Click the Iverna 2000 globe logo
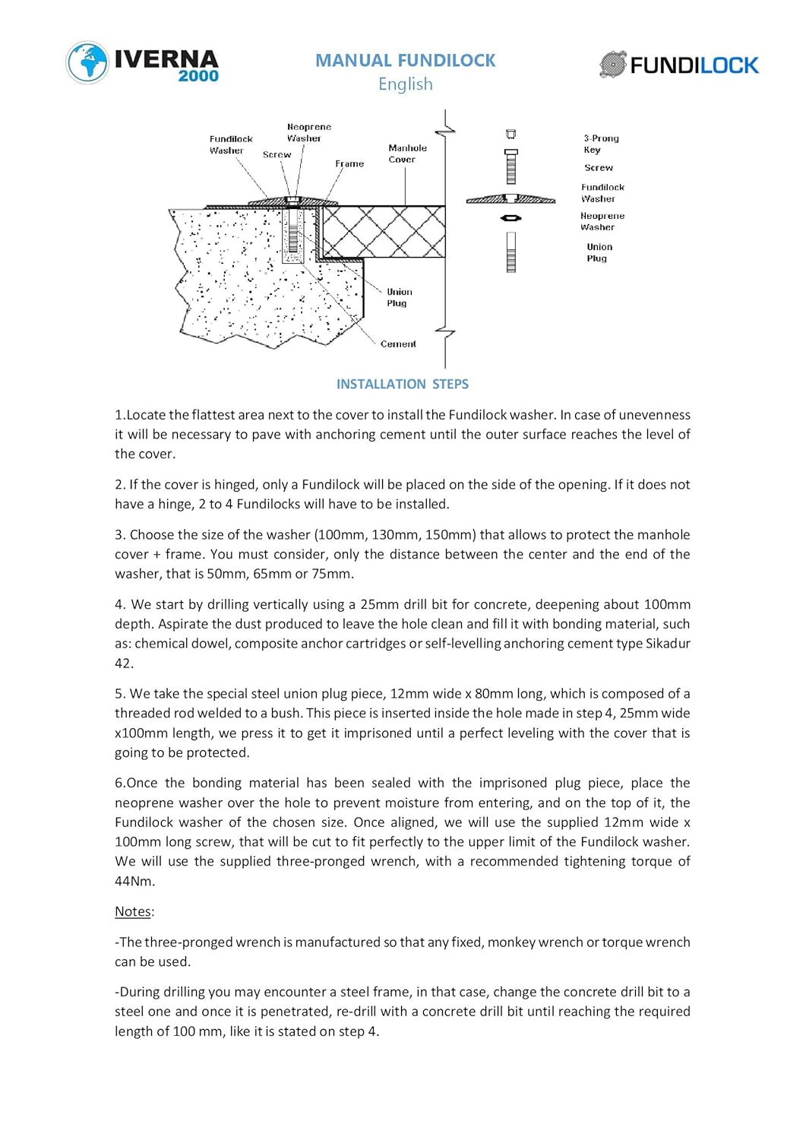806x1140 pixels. [x=87, y=62]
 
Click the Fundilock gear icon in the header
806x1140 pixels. [x=612, y=65]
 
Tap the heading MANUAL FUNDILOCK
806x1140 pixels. [x=405, y=60]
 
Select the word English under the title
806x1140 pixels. [x=405, y=84]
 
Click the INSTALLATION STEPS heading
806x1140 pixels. [x=402, y=384]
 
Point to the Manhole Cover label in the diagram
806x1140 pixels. [x=406, y=154]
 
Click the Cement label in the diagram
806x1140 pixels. [x=398, y=344]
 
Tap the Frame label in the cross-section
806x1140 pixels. [x=349, y=163]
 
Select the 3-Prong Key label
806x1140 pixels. [x=601, y=144]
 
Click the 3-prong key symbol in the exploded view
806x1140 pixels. [x=511, y=135]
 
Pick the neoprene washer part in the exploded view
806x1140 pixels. [x=511, y=218]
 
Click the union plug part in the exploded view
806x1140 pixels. [x=511, y=252]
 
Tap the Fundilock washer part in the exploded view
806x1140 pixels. [x=510, y=199]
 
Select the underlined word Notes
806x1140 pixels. [x=134, y=911]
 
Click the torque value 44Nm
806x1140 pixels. [x=134, y=881]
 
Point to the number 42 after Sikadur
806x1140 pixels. [x=124, y=663]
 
